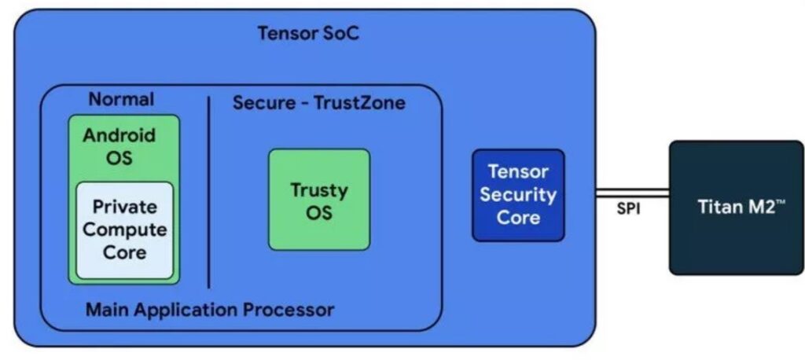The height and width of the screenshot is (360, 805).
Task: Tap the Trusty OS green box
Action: pyautogui.click(x=318, y=200)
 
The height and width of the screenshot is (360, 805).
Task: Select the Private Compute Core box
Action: pyautogui.click(x=124, y=230)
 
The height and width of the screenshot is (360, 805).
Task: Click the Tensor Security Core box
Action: pyautogui.click(x=517, y=194)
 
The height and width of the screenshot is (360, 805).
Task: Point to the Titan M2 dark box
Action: pyautogui.click(x=736, y=208)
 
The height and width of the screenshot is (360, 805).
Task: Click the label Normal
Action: pyautogui.click(x=121, y=100)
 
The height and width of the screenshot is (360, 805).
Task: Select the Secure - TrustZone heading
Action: pyautogui.click(x=318, y=103)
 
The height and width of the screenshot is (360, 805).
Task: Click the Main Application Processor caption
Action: pyautogui.click(x=210, y=309)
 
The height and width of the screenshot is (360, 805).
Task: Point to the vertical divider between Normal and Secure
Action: pyautogui.click(x=209, y=193)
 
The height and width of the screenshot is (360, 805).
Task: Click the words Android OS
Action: pyautogui.click(x=119, y=145)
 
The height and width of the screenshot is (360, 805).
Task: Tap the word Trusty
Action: pyautogui.click(x=318, y=189)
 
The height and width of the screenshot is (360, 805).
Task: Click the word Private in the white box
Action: pyautogui.click(x=125, y=207)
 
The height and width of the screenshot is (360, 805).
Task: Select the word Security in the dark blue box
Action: pyautogui.click(x=518, y=194)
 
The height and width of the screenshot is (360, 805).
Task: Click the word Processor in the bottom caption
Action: pyautogui.click(x=292, y=309)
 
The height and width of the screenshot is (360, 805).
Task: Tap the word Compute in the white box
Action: pyautogui.click(x=125, y=230)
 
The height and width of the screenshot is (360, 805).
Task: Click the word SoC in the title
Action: pyautogui.click(x=340, y=34)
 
